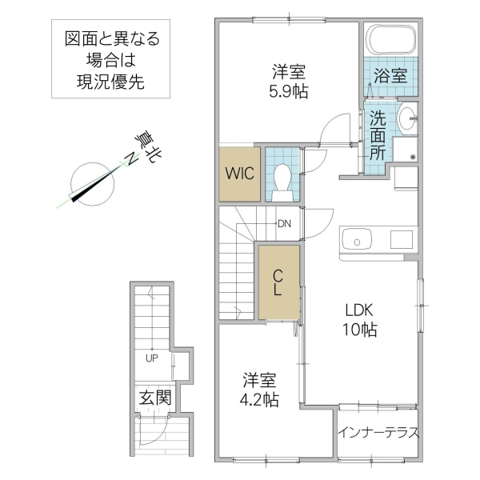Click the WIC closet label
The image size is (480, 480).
point(239,173)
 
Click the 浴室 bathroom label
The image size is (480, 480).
point(391,77)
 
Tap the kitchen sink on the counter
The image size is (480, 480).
point(354,239)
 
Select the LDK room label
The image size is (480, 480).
point(360,310)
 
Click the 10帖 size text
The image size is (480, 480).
point(361,330)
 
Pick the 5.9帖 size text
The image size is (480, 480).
point(288,90)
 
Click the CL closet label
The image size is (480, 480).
point(278,283)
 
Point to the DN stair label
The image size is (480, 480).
point(284,223)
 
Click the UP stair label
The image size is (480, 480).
point(151,358)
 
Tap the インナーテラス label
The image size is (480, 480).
point(378,433)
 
